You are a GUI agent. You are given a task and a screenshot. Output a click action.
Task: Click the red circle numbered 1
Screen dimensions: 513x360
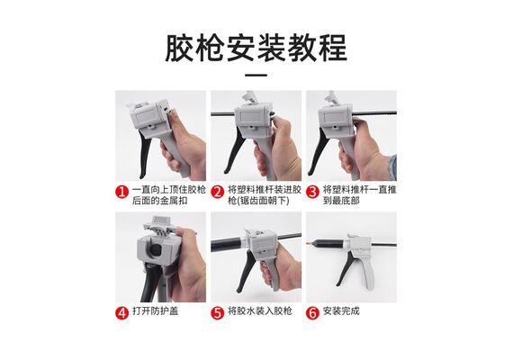click(x=121, y=192)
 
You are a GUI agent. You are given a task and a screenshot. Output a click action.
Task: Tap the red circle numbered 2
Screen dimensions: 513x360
click(x=218, y=192)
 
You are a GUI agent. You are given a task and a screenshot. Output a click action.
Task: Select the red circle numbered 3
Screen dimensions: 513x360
click(x=313, y=192)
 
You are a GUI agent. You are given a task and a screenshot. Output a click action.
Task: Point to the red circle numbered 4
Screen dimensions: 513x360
click(x=121, y=313)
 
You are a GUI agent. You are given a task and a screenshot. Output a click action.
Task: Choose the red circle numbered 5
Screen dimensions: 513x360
click(x=218, y=313)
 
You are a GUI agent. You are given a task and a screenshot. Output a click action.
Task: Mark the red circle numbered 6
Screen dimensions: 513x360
click(x=313, y=313)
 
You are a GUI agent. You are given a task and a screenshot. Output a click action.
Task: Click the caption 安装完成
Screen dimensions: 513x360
click(x=341, y=310)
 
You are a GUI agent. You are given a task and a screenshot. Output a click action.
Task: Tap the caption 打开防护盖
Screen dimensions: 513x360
click(x=156, y=310)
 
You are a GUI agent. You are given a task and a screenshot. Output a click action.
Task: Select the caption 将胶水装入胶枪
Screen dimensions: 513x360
click(x=260, y=310)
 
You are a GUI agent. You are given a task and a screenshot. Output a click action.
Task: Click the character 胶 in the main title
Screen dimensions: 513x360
click(x=180, y=48)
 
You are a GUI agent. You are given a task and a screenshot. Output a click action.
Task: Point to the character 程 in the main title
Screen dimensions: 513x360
click(x=333, y=48)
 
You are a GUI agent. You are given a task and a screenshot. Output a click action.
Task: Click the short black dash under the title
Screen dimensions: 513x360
click(x=256, y=76)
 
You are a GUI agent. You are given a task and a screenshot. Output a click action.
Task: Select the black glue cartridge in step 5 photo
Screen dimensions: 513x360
click(x=228, y=245)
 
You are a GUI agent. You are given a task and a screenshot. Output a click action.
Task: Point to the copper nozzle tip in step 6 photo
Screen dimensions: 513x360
click(x=309, y=244)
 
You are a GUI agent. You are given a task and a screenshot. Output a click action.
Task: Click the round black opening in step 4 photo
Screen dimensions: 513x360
click(x=155, y=250)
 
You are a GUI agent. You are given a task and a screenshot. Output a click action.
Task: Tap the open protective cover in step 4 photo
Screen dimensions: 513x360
click(x=157, y=226)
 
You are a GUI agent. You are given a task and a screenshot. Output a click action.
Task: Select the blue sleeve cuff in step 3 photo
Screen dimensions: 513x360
click(x=392, y=167)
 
